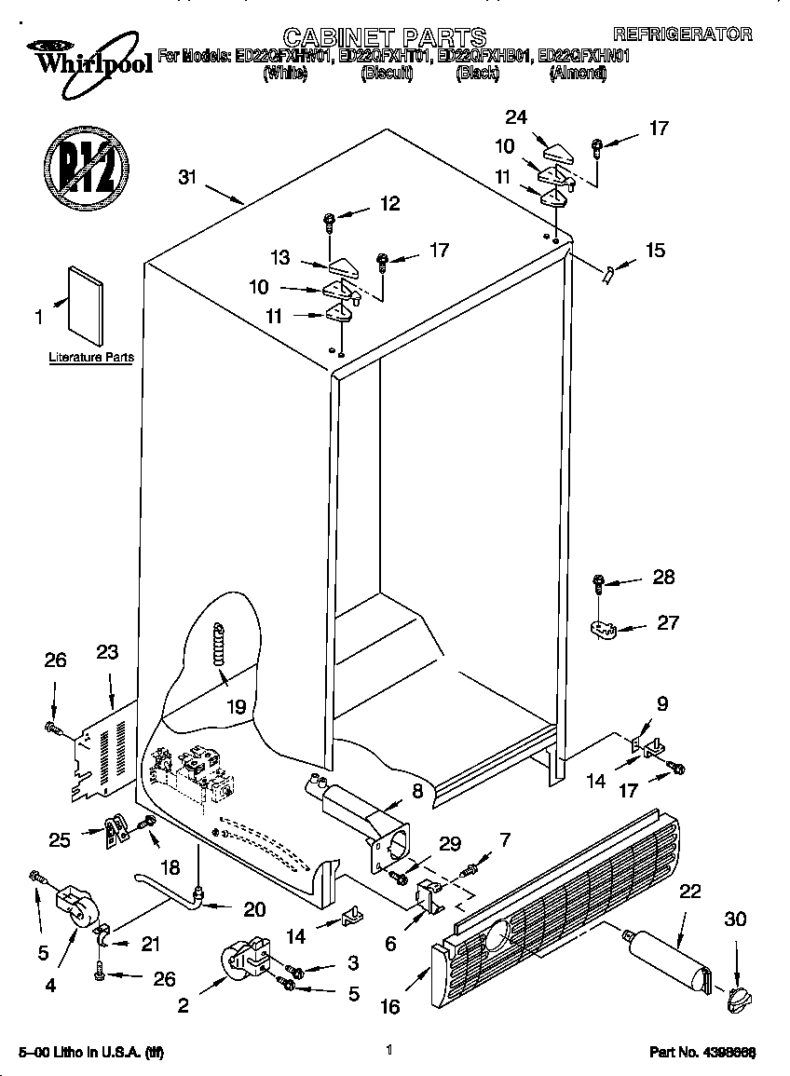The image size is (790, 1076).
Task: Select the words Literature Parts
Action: (91, 357)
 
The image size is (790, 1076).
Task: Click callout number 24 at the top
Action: (515, 117)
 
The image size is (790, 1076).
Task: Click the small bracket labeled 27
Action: (606, 631)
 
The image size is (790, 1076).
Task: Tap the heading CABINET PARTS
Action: (385, 36)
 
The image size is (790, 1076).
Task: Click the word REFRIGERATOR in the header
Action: (682, 34)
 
